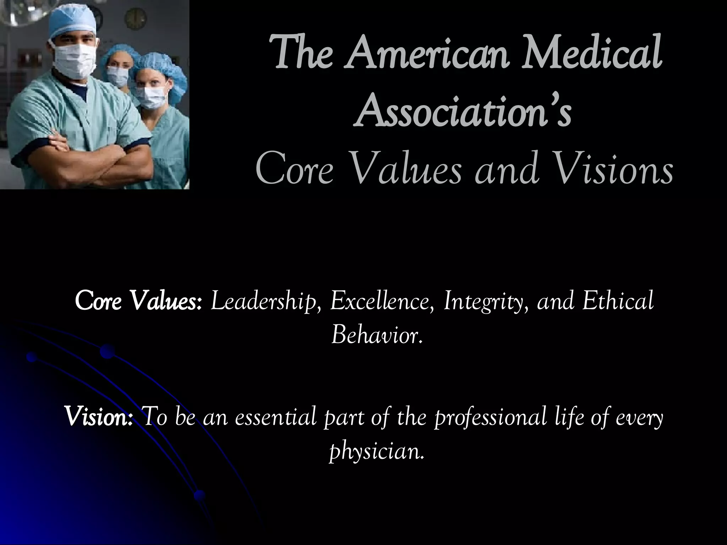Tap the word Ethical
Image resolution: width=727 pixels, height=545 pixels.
(x=618, y=301)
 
